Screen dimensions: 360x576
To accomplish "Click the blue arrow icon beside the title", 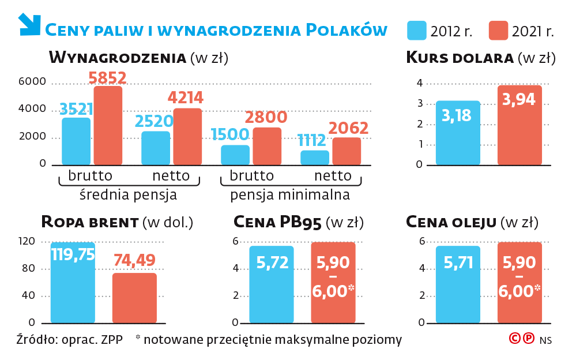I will click(x=29, y=24).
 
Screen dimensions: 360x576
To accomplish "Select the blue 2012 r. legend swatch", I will click(x=416, y=31).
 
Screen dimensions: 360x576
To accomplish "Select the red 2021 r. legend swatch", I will click(x=498, y=31).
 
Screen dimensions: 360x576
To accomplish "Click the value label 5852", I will click(x=107, y=78).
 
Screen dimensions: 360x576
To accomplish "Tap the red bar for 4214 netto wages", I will click(x=187, y=137).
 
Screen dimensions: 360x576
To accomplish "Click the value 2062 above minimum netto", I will click(x=348, y=128).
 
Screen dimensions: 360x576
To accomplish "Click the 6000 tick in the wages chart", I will click(x=32, y=82).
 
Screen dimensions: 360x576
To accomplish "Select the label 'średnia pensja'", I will click(x=129, y=194).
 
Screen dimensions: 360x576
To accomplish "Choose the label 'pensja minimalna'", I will click(x=290, y=194).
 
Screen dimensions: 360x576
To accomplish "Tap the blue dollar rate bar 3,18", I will click(x=458, y=133).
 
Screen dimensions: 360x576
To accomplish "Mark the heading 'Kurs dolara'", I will click(x=459, y=58).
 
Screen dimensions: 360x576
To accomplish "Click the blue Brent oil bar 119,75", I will click(x=73, y=283).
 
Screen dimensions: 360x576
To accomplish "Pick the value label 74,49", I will click(x=134, y=260).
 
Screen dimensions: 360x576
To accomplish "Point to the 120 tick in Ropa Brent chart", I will click(x=28, y=241).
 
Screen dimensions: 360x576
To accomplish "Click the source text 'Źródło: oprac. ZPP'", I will click(x=70, y=339).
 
